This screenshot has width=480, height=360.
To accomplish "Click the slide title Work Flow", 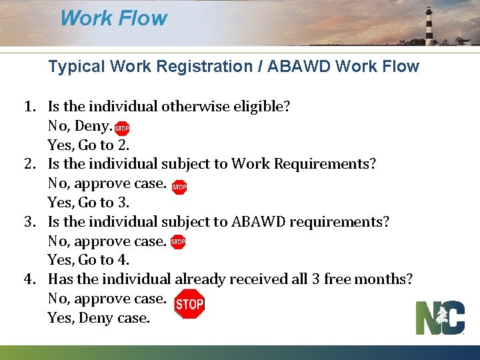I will click(x=113, y=18).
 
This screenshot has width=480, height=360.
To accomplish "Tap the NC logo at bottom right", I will click(x=440, y=317).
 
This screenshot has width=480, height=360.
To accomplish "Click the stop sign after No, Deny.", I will click(x=122, y=129).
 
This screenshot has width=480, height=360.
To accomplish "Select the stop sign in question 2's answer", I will click(x=179, y=187).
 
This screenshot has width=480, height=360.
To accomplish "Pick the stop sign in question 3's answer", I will click(x=177, y=242).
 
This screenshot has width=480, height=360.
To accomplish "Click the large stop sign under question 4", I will click(x=189, y=304).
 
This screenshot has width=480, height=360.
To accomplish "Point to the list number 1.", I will click(x=29, y=106).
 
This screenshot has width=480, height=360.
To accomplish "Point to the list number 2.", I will click(x=29, y=164).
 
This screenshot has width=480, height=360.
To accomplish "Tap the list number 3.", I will click(x=29, y=221).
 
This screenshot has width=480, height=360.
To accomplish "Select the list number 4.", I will click(x=29, y=279).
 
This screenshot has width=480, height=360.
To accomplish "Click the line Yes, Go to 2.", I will click(x=89, y=145).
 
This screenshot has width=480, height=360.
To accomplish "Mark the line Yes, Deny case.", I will click(x=99, y=318).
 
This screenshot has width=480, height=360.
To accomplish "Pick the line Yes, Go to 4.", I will click(x=89, y=260).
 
